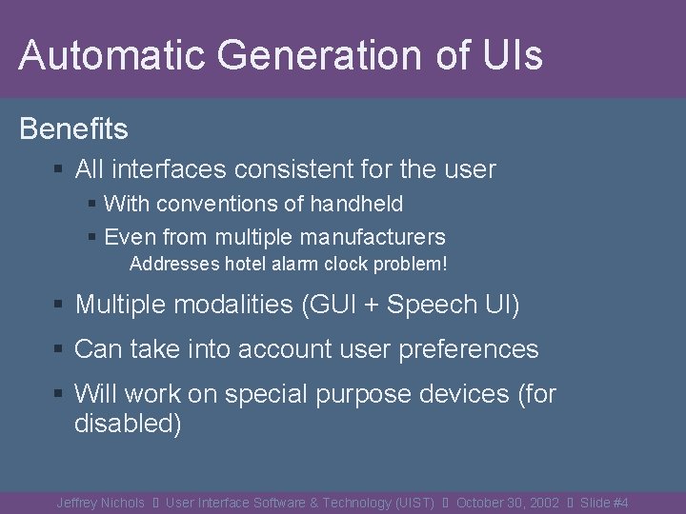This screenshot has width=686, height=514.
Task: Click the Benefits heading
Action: pyautogui.click(x=73, y=128)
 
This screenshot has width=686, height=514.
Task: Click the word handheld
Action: pyautogui.click(x=355, y=204)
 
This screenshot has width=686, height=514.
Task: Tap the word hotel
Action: pyautogui.click(x=245, y=264)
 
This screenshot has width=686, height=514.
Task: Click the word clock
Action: pyautogui.click(x=332, y=264)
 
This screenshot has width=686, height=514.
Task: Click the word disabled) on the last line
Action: pyautogui.click(x=128, y=424)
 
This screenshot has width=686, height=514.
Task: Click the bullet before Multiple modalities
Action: pyautogui.click(x=59, y=305)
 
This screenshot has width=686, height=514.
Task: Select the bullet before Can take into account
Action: pyautogui.click(x=59, y=349)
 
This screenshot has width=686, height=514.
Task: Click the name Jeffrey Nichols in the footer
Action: pyautogui.click(x=100, y=503)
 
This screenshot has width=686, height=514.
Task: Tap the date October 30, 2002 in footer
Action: pyautogui.click(x=507, y=503)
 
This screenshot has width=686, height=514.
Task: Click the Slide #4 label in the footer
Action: pyautogui.click(x=604, y=503)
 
